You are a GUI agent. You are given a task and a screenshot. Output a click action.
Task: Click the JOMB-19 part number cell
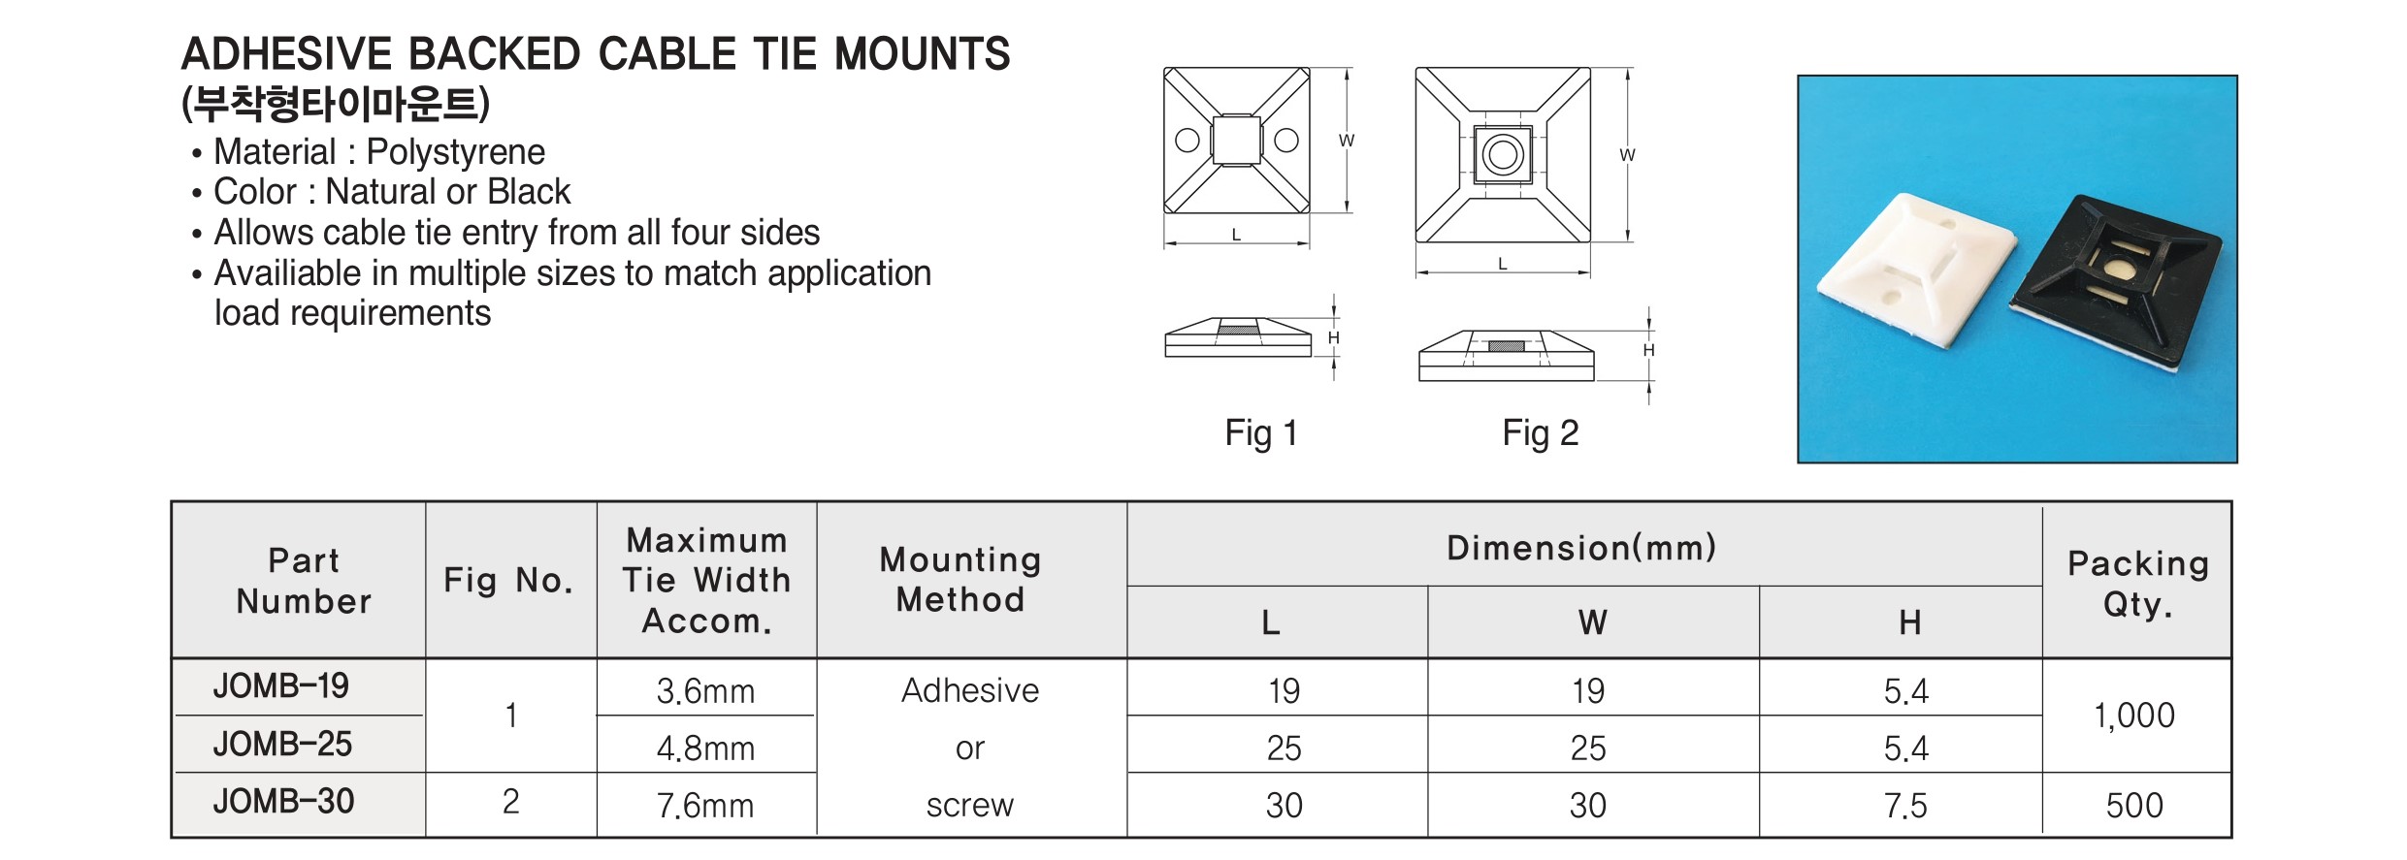click(x=281, y=686)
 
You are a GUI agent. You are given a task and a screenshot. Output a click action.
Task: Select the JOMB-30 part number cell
click(x=283, y=802)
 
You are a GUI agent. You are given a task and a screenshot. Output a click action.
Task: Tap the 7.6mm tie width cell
click(x=705, y=806)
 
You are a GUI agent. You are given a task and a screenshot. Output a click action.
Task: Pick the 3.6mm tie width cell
click(x=705, y=691)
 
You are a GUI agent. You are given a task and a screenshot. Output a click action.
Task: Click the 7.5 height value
click(x=1905, y=806)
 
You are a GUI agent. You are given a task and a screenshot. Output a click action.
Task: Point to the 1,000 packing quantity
click(x=2134, y=716)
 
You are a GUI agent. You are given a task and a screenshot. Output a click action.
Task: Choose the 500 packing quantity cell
click(x=2134, y=806)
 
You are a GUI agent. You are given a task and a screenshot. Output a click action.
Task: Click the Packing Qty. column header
click(x=2138, y=584)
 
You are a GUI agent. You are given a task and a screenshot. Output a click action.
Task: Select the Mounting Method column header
click(x=960, y=580)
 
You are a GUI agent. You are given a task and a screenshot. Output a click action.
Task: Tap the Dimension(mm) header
click(x=1581, y=548)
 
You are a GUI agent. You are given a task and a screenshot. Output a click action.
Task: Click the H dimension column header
click(x=1909, y=622)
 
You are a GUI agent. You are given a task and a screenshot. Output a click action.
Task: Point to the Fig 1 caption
click(x=1261, y=432)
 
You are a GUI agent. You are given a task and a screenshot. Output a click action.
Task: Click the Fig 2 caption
click(x=1541, y=432)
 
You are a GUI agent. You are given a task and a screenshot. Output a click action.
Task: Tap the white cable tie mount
click(x=1916, y=272)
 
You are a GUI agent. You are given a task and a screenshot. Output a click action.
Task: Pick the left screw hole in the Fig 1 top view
click(x=1187, y=141)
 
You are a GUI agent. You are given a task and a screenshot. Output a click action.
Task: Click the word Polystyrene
click(x=456, y=152)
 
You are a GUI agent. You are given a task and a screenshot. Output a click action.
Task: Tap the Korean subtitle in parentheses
click(x=336, y=104)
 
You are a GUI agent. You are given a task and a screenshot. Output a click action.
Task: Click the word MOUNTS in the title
click(x=923, y=54)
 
